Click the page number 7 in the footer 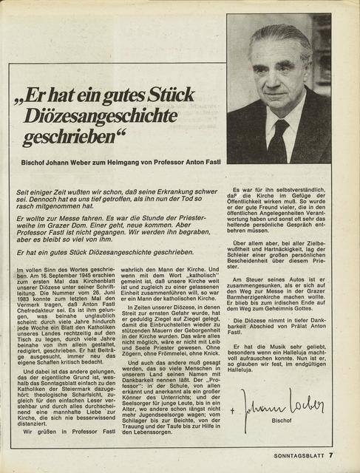click(x=333, y=456)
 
